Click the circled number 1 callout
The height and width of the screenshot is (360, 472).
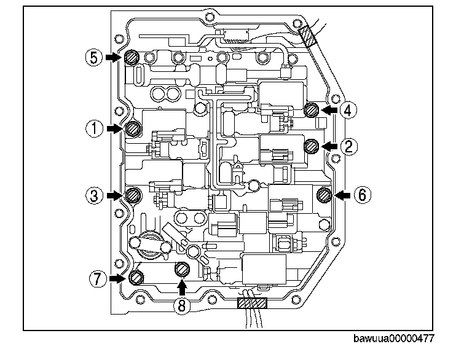click(94, 129)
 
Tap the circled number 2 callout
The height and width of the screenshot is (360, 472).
click(348, 146)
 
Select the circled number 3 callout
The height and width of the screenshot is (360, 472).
click(94, 195)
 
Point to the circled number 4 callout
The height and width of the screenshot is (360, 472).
click(347, 110)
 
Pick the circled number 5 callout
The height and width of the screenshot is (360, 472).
click(93, 57)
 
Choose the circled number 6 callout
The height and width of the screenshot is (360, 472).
click(362, 195)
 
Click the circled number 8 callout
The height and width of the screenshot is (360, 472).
click(181, 305)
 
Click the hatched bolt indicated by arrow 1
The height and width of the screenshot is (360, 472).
click(133, 129)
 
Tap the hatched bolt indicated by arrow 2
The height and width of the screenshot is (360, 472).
click(312, 146)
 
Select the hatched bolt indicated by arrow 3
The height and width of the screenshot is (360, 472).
click(132, 195)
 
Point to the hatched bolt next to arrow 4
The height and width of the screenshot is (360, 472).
click(312, 110)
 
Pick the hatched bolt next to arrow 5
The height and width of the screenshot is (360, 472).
click(131, 58)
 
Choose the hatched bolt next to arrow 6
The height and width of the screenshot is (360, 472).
click(324, 195)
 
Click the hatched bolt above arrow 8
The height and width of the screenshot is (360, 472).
click(181, 268)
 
